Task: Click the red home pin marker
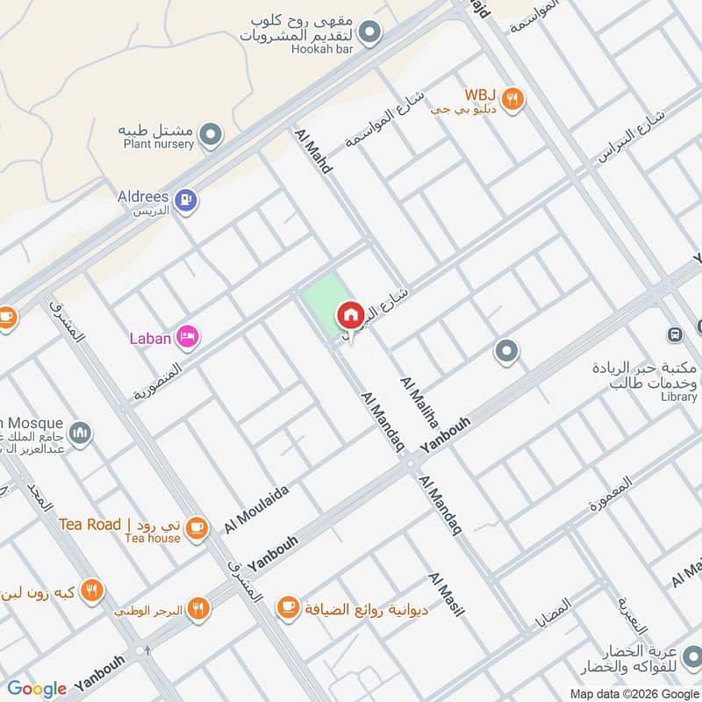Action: [x=349, y=315]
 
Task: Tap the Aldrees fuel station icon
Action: [x=184, y=201]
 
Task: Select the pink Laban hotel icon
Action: [x=188, y=336]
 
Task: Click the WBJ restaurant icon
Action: [x=513, y=100]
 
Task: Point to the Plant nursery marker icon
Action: [x=211, y=135]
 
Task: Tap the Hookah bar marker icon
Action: [x=371, y=33]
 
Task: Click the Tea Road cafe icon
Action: [x=197, y=526]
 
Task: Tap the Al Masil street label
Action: [x=446, y=594]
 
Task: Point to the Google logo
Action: [x=37, y=689]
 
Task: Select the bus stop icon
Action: [x=675, y=334]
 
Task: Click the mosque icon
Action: [x=81, y=433]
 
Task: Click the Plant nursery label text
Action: [x=158, y=144]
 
